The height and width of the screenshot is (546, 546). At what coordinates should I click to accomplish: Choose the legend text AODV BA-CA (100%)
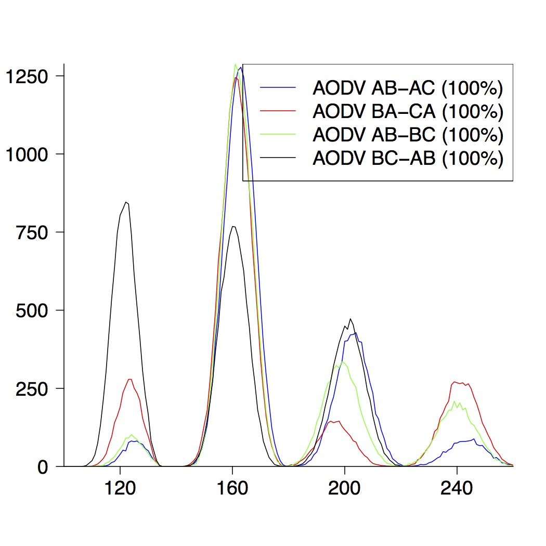[408, 111]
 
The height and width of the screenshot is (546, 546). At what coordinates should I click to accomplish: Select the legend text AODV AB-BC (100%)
[408, 134]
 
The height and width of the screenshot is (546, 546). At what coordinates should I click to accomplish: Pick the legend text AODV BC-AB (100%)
[408, 157]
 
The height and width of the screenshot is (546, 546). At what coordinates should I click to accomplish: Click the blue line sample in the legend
[278, 88]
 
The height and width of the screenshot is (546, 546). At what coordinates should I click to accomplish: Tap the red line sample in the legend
[278, 111]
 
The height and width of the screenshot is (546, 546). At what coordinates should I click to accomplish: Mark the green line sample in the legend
[278, 134]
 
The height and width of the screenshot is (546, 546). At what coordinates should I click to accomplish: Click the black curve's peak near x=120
[126, 202]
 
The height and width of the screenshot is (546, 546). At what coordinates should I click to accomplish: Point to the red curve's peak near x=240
[456, 382]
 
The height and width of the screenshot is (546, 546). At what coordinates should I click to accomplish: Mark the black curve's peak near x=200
[350, 319]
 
